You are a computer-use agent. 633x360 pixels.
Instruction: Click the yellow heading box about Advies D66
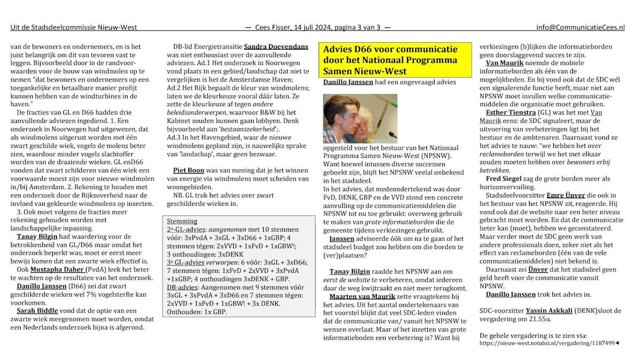tap(390, 60)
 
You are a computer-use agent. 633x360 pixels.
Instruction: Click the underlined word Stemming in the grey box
tap(182, 221)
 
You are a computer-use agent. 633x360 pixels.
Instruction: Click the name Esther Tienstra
tap(511, 112)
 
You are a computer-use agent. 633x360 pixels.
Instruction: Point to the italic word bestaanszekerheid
tap(235, 129)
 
